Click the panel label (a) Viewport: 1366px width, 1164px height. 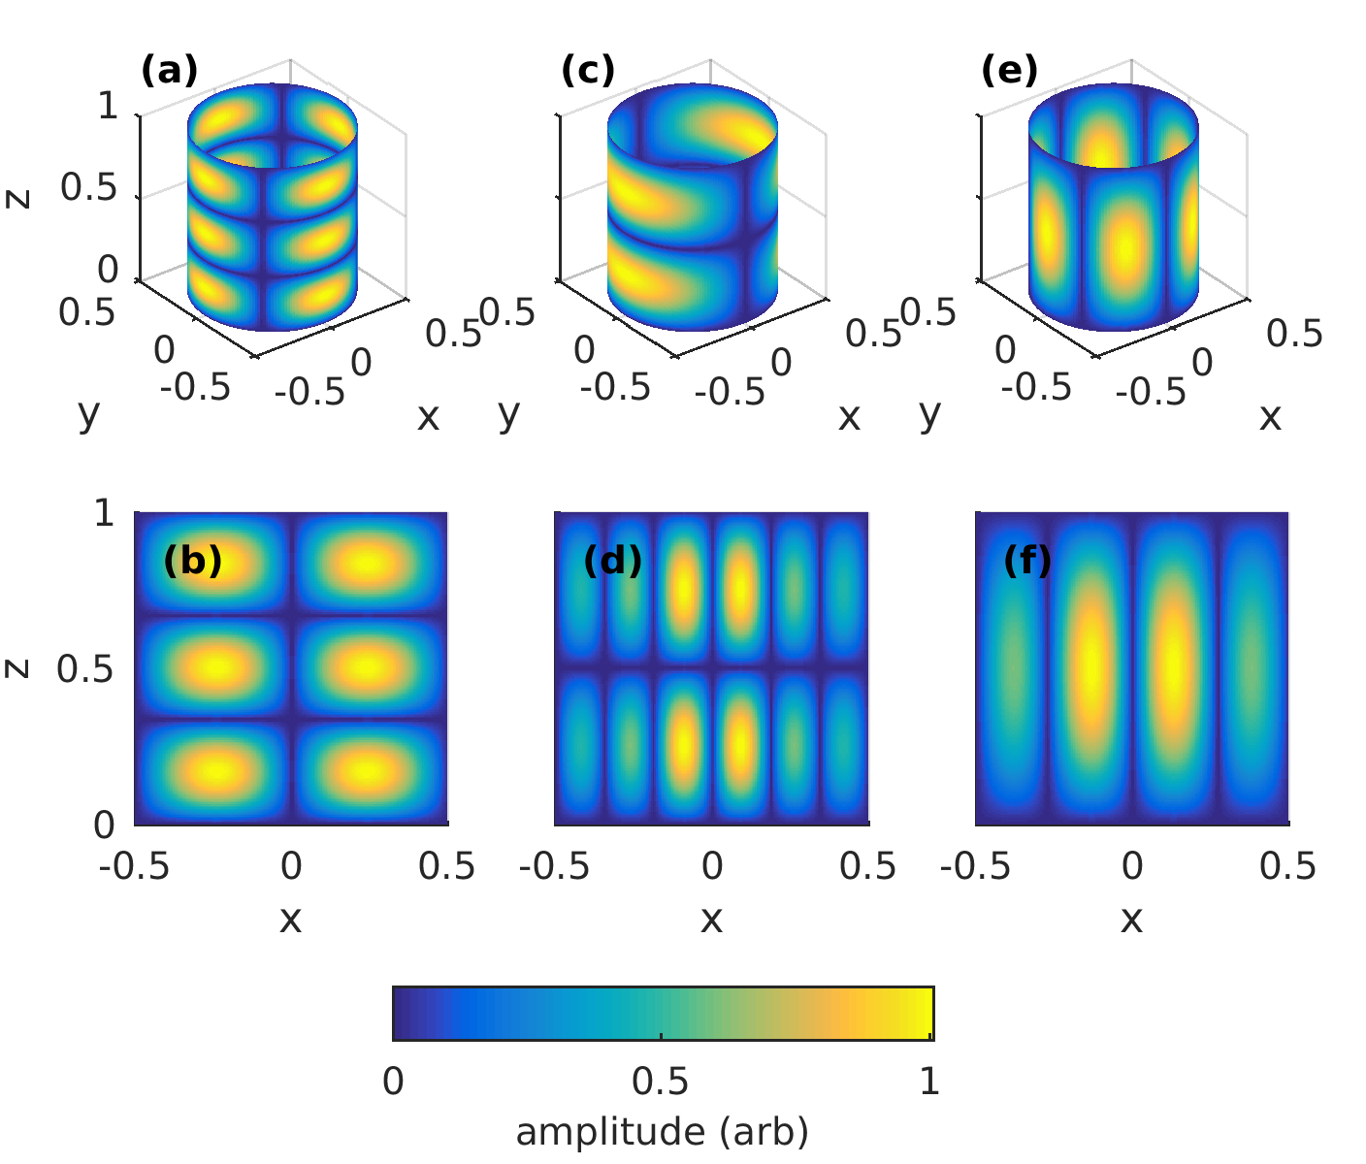click(169, 71)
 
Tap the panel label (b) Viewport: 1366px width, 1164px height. click(192, 561)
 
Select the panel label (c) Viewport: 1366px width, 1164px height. click(588, 71)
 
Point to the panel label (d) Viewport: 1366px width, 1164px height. click(612, 561)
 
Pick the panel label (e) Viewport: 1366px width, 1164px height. click(1009, 71)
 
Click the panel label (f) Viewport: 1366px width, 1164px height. click(1027, 561)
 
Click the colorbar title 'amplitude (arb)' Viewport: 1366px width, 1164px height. click(662, 1132)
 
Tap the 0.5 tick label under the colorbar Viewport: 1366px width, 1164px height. click(661, 1081)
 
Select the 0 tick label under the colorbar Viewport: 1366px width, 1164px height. click(393, 1081)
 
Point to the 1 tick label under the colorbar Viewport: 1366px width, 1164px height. click(929, 1081)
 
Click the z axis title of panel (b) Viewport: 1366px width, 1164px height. click(18, 668)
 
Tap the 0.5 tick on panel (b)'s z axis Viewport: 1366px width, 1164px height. click(84, 669)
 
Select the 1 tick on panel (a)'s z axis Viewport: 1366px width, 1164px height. click(108, 107)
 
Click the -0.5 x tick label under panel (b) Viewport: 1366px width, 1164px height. click(135, 866)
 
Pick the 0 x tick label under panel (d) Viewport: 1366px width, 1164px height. click(712, 866)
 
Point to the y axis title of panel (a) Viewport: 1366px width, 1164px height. click(88, 413)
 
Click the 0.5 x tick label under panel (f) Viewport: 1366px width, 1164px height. click(1287, 866)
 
